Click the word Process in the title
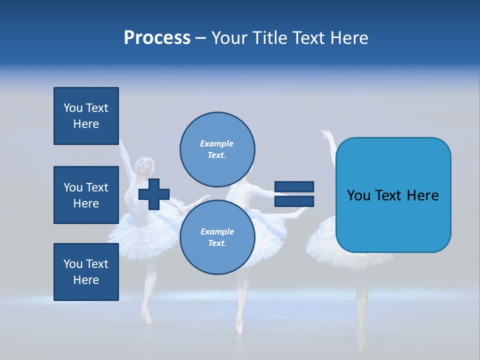157,38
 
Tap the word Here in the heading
348,38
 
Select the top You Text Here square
86,116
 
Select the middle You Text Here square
86,195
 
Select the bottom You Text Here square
86,271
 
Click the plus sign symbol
154,194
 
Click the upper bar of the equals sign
294,187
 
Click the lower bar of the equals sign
294,201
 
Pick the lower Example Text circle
217,237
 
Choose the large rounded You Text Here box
393,195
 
